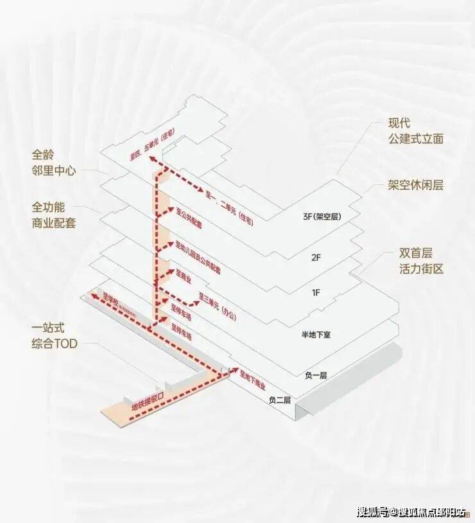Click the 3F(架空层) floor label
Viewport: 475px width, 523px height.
[321, 217]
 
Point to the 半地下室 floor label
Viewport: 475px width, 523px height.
[316, 335]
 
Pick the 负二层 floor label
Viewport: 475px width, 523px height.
[280, 400]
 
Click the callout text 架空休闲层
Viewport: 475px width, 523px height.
[415, 186]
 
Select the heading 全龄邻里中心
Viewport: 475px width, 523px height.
[54, 163]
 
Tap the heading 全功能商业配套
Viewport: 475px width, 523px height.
[54, 217]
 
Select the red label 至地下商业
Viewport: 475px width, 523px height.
[252, 382]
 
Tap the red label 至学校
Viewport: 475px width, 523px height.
[114, 300]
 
